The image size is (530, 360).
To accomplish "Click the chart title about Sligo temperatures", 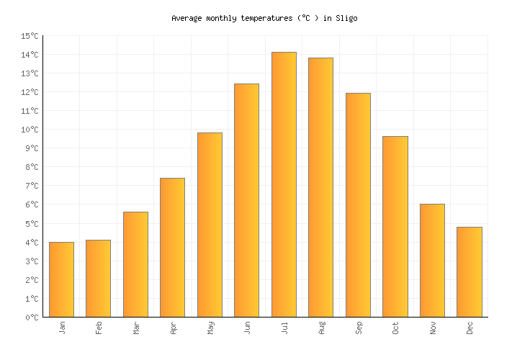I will tap(264, 18).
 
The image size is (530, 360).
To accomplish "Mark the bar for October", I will tap(395, 226).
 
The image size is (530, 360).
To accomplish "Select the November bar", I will tap(432, 260).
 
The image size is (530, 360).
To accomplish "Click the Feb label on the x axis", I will tap(99, 328).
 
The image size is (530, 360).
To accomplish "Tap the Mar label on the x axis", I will tap(136, 328).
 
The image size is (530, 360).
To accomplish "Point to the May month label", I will tap(210, 328).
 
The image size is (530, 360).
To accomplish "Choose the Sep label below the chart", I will tap(359, 328).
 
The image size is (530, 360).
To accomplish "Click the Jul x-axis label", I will tap(284, 328).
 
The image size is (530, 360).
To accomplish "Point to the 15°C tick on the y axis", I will tap(30, 36).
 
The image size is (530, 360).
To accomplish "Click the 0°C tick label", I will tap(32, 318).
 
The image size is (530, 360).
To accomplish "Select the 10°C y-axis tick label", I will tap(30, 130).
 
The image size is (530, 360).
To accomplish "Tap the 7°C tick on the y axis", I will tap(32, 186).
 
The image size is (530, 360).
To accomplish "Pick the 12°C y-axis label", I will tap(30, 92).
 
